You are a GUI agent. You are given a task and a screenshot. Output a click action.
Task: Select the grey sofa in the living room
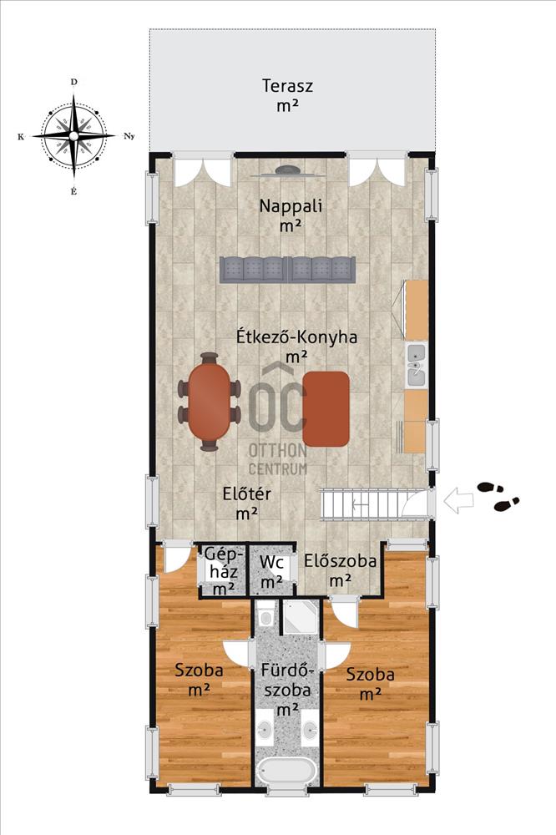click(287, 269)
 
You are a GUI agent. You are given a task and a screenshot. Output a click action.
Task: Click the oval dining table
click(210, 402)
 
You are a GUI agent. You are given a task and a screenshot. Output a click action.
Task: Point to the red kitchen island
click(326, 408)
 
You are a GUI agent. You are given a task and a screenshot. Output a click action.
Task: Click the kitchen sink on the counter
click(417, 364)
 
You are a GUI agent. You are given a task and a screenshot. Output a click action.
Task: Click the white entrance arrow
click(458, 502)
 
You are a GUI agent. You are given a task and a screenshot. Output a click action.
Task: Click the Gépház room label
click(225, 571)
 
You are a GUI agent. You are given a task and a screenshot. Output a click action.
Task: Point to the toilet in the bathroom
click(265, 613)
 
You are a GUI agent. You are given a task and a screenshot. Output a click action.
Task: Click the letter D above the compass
click(74, 82)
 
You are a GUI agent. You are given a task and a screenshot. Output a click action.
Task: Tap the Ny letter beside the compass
click(129, 136)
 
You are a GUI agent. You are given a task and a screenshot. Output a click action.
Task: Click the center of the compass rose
click(73, 136)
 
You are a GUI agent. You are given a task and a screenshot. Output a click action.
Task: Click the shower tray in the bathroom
click(301, 617)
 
